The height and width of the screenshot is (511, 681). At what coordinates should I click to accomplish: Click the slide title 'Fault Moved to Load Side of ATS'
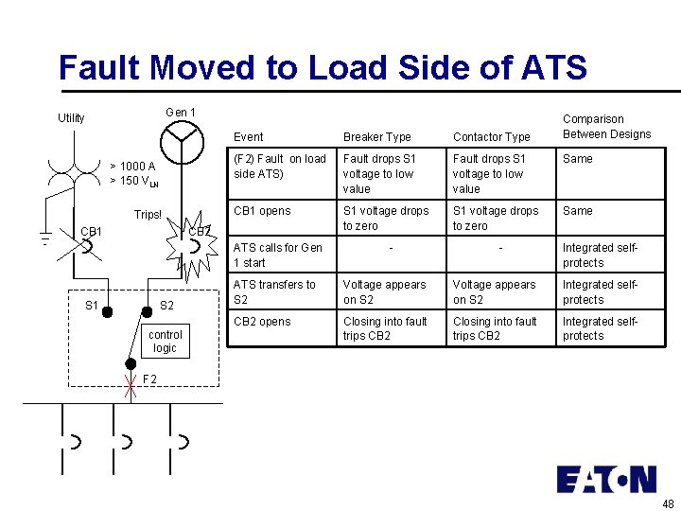[323, 68]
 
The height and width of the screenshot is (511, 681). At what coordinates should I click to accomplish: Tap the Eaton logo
[606, 480]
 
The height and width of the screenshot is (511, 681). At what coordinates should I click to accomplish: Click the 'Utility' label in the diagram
[71, 118]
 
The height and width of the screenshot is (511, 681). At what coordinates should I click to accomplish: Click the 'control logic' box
[165, 342]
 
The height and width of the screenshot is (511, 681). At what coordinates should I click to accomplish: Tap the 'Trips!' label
[148, 215]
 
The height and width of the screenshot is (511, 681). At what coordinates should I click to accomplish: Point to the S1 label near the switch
[92, 305]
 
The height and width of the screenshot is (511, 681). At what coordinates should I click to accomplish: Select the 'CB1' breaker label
[92, 231]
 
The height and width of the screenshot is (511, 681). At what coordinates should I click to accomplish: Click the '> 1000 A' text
[132, 167]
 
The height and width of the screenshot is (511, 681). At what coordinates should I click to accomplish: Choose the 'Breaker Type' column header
[376, 137]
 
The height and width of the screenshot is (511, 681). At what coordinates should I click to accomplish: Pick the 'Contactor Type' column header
[491, 137]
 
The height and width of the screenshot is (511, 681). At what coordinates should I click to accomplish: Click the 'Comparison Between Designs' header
[606, 127]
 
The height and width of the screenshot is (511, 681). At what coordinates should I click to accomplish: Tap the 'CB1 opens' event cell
[262, 211]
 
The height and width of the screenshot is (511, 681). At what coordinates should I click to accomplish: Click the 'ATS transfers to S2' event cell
[274, 292]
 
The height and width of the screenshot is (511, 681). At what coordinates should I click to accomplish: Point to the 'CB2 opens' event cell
[262, 322]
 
